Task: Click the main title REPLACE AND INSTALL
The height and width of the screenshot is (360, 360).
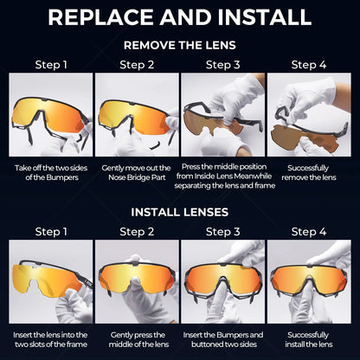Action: [x=180, y=17]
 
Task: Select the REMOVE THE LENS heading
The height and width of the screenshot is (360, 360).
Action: [x=180, y=44]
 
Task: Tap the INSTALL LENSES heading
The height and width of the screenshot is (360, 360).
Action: [x=180, y=210]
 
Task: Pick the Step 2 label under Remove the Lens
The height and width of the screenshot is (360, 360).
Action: [x=136, y=64]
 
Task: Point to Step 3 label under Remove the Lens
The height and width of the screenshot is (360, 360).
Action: [x=223, y=64]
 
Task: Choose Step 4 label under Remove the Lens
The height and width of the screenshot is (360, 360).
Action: [x=310, y=64]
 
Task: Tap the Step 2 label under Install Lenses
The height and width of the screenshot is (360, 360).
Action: [x=136, y=231]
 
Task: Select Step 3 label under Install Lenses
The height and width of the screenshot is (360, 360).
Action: [x=223, y=231]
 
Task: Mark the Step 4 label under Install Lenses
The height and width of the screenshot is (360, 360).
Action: [x=310, y=231]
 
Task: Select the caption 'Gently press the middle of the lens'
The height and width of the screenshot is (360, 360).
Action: [x=136, y=338]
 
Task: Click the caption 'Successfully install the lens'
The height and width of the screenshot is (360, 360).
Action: [x=310, y=338]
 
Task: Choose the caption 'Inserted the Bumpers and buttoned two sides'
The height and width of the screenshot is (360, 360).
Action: [x=223, y=338]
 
